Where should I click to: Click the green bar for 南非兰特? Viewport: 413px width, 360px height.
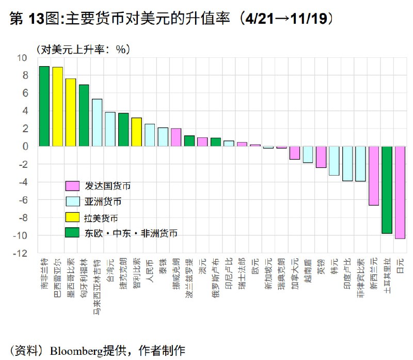coord(44,106)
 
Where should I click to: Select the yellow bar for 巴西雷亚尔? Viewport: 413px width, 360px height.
coord(57,107)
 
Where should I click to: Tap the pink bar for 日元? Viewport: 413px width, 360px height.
coord(400,192)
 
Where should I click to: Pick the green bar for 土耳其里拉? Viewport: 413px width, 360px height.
coord(387,190)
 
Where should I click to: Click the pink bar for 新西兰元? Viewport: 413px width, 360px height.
coord(373,176)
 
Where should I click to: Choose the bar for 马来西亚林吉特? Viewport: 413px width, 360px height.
coord(97,122)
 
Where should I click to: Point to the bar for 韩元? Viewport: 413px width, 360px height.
coord(334,161)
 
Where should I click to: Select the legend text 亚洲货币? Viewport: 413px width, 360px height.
coord(104,201)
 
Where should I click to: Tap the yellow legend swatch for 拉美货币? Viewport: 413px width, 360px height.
coord(72,217)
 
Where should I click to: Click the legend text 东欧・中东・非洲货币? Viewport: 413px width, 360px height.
coord(131,233)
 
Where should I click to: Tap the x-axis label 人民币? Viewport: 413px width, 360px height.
coord(150,269)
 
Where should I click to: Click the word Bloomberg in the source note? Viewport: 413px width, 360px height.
coord(76,350)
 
